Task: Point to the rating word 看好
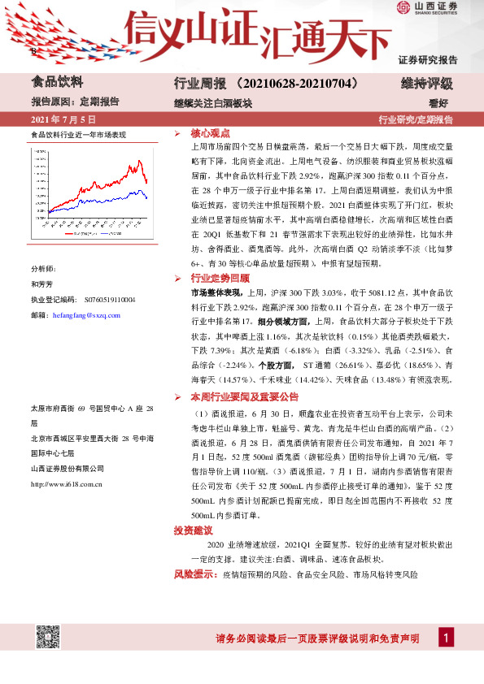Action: click(x=440, y=102)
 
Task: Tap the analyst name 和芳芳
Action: click(x=41, y=285)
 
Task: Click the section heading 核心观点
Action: click(x=209, y=132)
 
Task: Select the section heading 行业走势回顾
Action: click(x=216, y=278)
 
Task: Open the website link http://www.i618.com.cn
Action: click(x=66, y=484)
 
